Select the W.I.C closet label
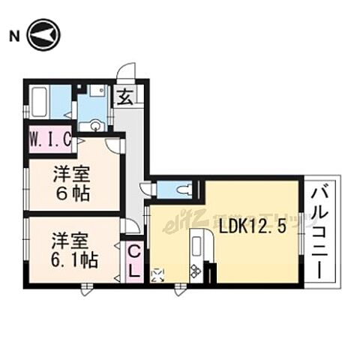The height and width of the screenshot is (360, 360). pyautogui.click(x=50, y=140)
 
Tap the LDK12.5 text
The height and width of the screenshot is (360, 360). pyautogui.click(x=252, y=226)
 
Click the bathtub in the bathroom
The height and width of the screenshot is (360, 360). pyautogui.click(x=47, y=103)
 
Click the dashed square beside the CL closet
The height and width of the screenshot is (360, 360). pyautogui.click(x=157, y=275)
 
